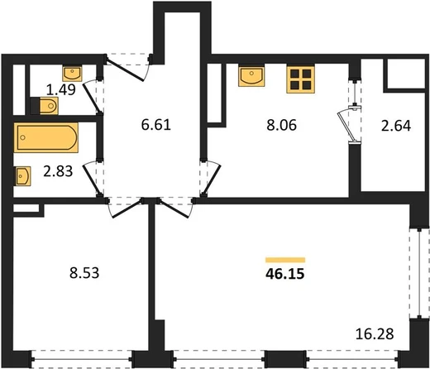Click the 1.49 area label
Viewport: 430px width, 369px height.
pos(61,89)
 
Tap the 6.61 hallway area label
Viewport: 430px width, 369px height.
pos(156,125)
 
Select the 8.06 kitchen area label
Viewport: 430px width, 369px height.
pos(281,125)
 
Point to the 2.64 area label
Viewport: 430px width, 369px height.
pos(396,126)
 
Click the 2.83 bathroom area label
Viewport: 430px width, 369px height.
pos(58,171)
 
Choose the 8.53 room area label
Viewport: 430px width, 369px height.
pos(84,273)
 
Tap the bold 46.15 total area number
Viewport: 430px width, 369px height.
pos(285,274)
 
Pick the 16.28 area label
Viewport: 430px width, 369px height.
pos(375,334)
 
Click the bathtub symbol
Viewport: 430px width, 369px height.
pos(46,137)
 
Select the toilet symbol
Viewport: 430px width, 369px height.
pos(45,106)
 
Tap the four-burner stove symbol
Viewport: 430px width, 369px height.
pos(301,79)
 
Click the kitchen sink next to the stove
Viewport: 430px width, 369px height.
pos(251,76)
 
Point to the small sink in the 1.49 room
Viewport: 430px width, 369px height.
pos(72,74)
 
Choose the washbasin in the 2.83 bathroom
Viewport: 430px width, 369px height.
pos(22,176)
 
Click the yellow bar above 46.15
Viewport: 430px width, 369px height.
pos(285,260)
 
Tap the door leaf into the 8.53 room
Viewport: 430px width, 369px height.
pos(127,208)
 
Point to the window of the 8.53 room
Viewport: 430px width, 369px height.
pos(82,359)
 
